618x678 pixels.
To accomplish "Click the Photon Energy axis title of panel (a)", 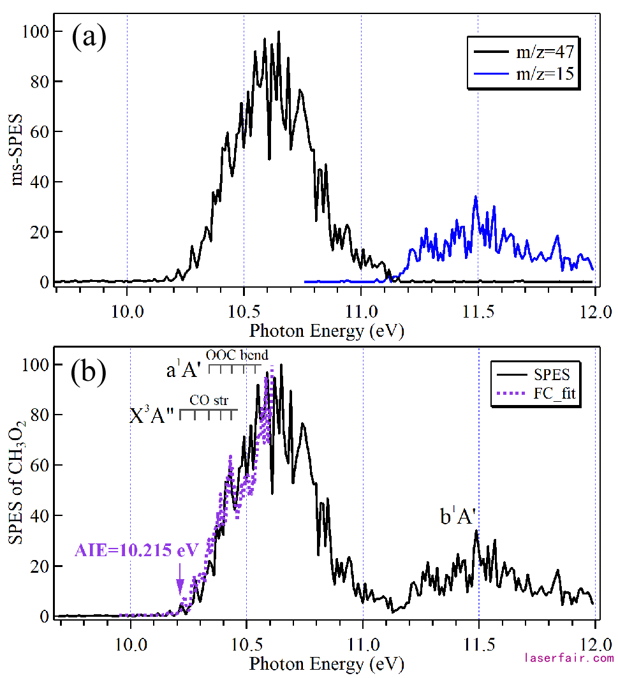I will (327, 331).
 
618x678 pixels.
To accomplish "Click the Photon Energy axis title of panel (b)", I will (327, 664).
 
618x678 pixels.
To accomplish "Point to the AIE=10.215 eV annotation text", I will (136, 550).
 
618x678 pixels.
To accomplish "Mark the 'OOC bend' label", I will (237, 355).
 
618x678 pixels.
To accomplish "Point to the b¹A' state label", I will (458, 517).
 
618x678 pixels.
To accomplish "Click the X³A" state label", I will (152, 416).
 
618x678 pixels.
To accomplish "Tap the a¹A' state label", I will (184, 371).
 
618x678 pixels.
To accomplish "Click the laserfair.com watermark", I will (568, 657).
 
